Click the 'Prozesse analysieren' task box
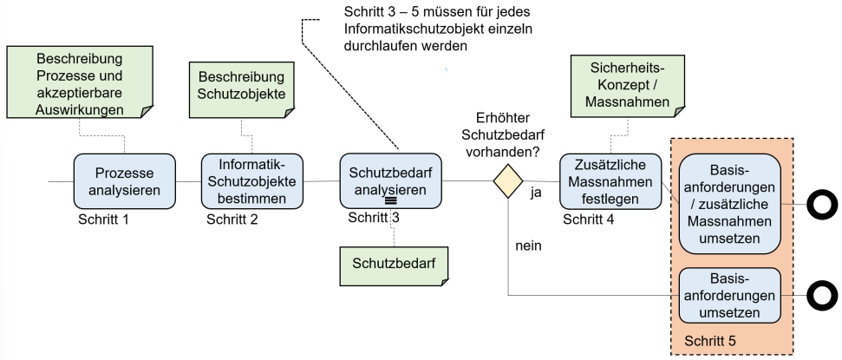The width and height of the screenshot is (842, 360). [x=124, y=181]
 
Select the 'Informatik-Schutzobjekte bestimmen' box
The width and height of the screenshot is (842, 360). [x=252, y=180]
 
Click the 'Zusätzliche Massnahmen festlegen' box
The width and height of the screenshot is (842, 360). [x=610, y=180]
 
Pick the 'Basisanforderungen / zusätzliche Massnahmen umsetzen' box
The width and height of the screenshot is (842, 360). [x=730, y=204]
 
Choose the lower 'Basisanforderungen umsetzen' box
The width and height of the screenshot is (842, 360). [x=730, y=296]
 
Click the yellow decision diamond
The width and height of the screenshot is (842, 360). [x=508, y=182]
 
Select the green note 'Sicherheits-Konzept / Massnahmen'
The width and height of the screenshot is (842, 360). [x=618, y=88]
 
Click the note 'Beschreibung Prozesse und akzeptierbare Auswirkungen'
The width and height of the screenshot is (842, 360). [x=79, y=85]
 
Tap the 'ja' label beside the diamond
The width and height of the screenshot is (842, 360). [x=536, y=193]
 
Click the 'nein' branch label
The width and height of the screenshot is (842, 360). [x=528, y=245]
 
